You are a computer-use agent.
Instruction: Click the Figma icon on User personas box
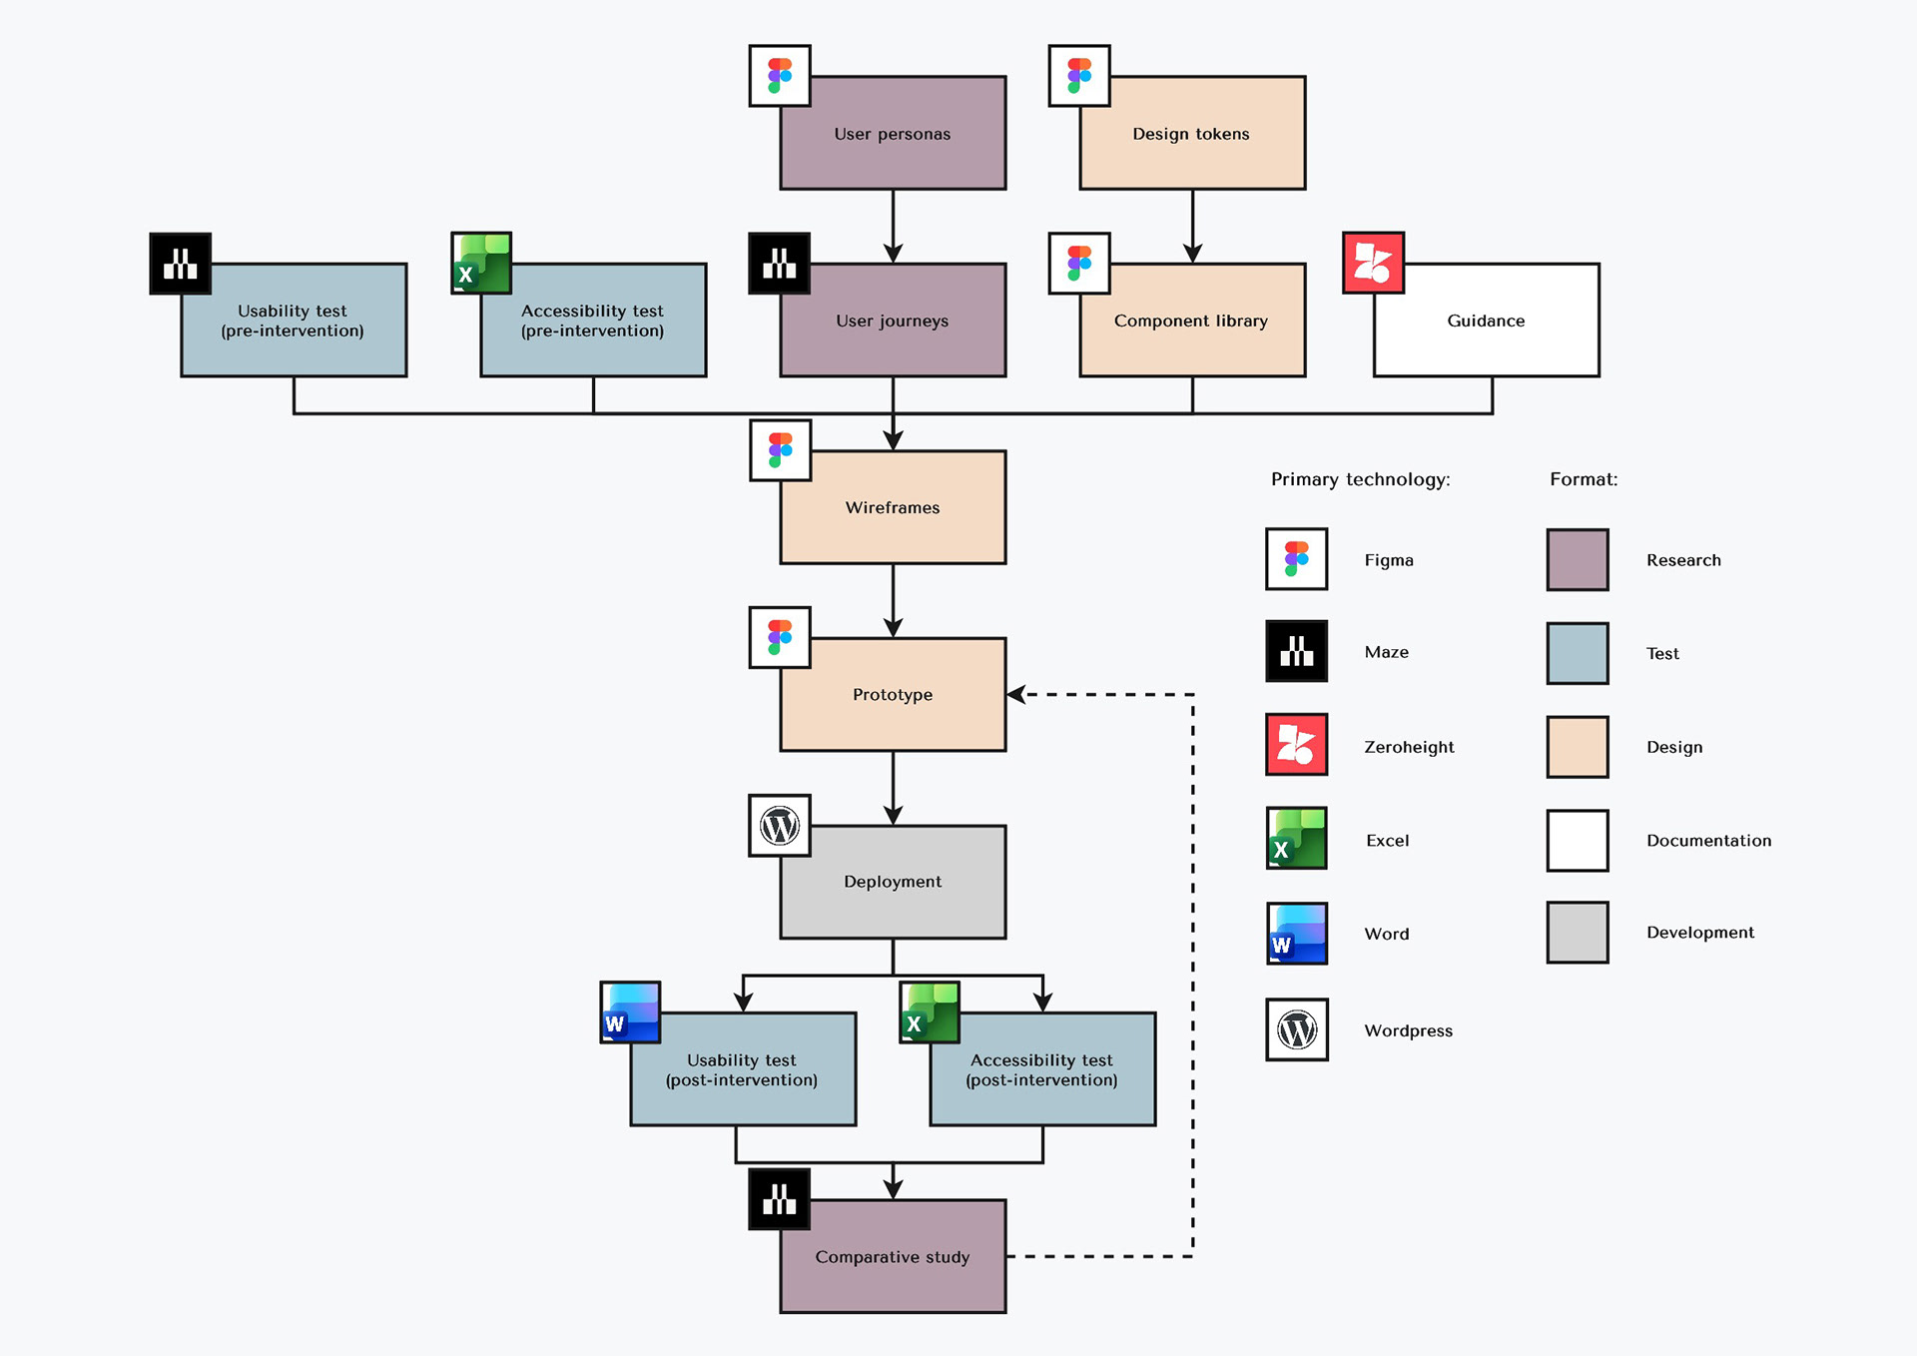[x=780, y=76]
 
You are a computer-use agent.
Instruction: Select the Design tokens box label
[x=1190, y=134]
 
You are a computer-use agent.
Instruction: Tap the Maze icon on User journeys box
[x=779, y=264]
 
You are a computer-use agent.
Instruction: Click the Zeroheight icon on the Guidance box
[x=1373, y=263]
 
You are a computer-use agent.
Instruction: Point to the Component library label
[x=1190, y=321]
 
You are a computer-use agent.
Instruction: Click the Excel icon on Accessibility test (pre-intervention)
[x=481, y=264]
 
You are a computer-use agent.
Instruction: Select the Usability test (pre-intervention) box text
[x=293, y=321]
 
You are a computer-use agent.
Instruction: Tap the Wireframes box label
[x=892, y=507]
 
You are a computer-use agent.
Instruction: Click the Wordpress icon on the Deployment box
[x=780, y=826]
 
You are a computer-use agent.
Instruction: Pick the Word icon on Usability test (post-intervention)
[x=630, y=1013]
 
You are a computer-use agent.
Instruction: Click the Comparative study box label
[x=892, y=1257]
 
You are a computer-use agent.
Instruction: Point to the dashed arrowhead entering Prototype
[x=1016, y=694]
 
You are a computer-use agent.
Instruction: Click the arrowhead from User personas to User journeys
[x=893, y=253]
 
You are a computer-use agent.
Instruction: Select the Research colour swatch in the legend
[x=1577, y=560]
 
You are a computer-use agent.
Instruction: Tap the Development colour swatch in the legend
[x=1577, y=933]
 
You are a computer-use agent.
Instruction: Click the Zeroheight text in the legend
[x=1408, y=747]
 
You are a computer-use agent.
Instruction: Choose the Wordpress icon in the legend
[x=1296, y=1029]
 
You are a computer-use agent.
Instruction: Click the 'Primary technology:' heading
[x=1360, y=479]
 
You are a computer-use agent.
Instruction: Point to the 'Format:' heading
[x=1583, y=479]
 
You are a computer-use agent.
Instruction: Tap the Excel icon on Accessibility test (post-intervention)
[x=930, y=1013]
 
